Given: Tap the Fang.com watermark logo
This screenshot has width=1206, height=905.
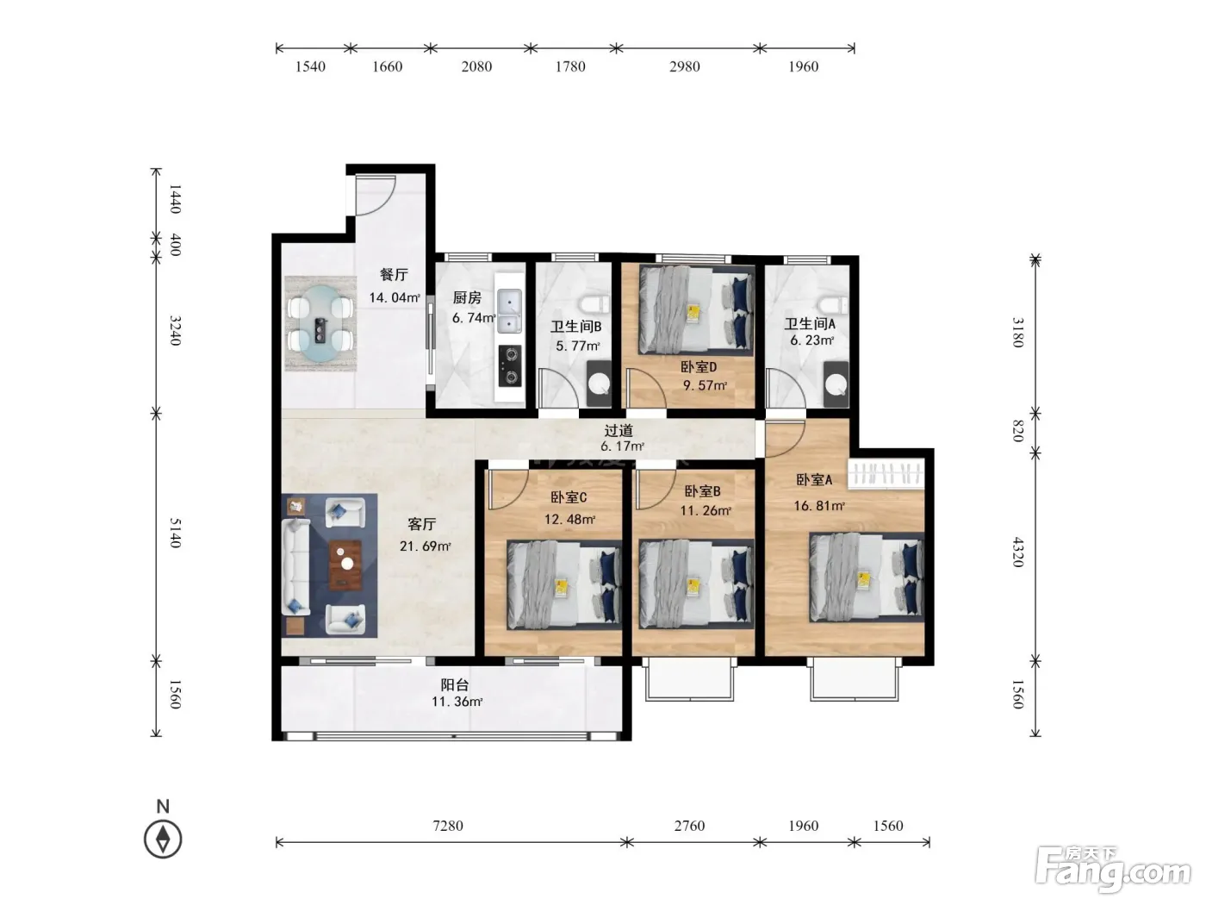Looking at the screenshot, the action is (x=1112, y=870).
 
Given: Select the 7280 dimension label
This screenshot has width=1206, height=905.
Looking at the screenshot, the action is (x=448, y=826).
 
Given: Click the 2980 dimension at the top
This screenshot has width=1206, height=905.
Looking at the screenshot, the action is (x=684, y=66).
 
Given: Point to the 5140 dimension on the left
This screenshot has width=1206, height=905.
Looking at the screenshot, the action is (x=175, y=533).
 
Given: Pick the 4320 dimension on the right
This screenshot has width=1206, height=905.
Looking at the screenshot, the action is (x=1017, y=552).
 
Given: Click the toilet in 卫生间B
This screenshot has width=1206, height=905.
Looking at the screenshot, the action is (x=595, y=304).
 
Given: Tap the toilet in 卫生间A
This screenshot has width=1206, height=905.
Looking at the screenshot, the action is (x=833, y=304).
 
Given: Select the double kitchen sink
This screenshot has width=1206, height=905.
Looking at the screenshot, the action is (x=509, y=311).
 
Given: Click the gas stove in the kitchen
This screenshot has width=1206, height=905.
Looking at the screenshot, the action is (x=510, y=366).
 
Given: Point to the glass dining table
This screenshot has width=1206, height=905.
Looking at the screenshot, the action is (x=320, y=323).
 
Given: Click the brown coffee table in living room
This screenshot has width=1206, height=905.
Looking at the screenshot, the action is (x=345, y=565).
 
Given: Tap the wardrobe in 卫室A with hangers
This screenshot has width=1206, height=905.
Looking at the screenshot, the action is (x=886, y=473).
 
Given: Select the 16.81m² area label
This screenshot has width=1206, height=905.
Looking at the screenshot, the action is (x=819, y=506).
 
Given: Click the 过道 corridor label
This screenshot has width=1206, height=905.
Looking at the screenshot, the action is (x=619, y=430).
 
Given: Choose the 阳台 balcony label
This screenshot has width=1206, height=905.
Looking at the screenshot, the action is (x=455, y=684).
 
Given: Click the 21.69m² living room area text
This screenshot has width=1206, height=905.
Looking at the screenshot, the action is (x=426, y=546).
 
